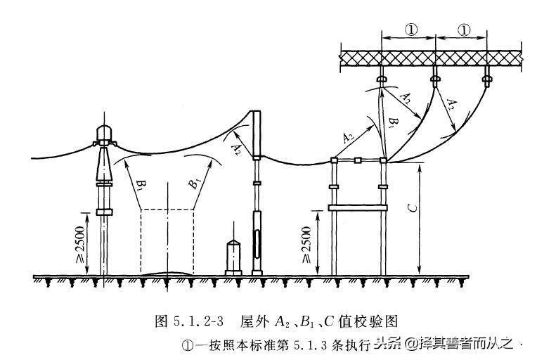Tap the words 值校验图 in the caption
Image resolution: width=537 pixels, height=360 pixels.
(372, 321)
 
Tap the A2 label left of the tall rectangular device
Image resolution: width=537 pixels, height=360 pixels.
(238, 147)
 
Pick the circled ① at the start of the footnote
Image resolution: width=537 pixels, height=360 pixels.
(187, 345)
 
